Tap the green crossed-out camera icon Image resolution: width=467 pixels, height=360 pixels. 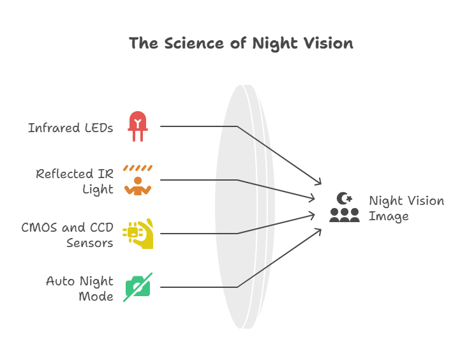pos(138,287)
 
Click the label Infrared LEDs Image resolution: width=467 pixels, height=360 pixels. pos(70,128)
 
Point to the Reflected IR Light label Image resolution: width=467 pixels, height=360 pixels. pos(75,181)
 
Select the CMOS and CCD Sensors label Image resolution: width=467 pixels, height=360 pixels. pos(67,235)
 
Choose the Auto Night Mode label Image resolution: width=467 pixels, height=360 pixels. pos(80,289)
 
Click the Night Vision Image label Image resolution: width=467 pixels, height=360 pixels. pos(406,208)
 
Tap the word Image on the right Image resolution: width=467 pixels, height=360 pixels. pos(389,216)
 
